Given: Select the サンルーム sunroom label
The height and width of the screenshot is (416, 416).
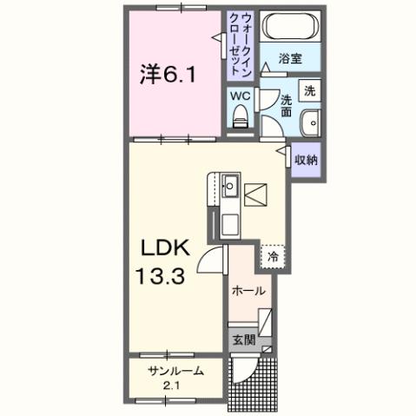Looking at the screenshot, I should (176, 371).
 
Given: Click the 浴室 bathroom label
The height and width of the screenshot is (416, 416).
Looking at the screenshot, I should (290, 59).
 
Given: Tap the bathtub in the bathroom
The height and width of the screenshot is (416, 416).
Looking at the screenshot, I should (291, 27).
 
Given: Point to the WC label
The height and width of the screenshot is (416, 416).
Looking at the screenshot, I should (241, 96).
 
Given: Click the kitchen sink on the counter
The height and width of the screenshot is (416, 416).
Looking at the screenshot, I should (230, 185).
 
